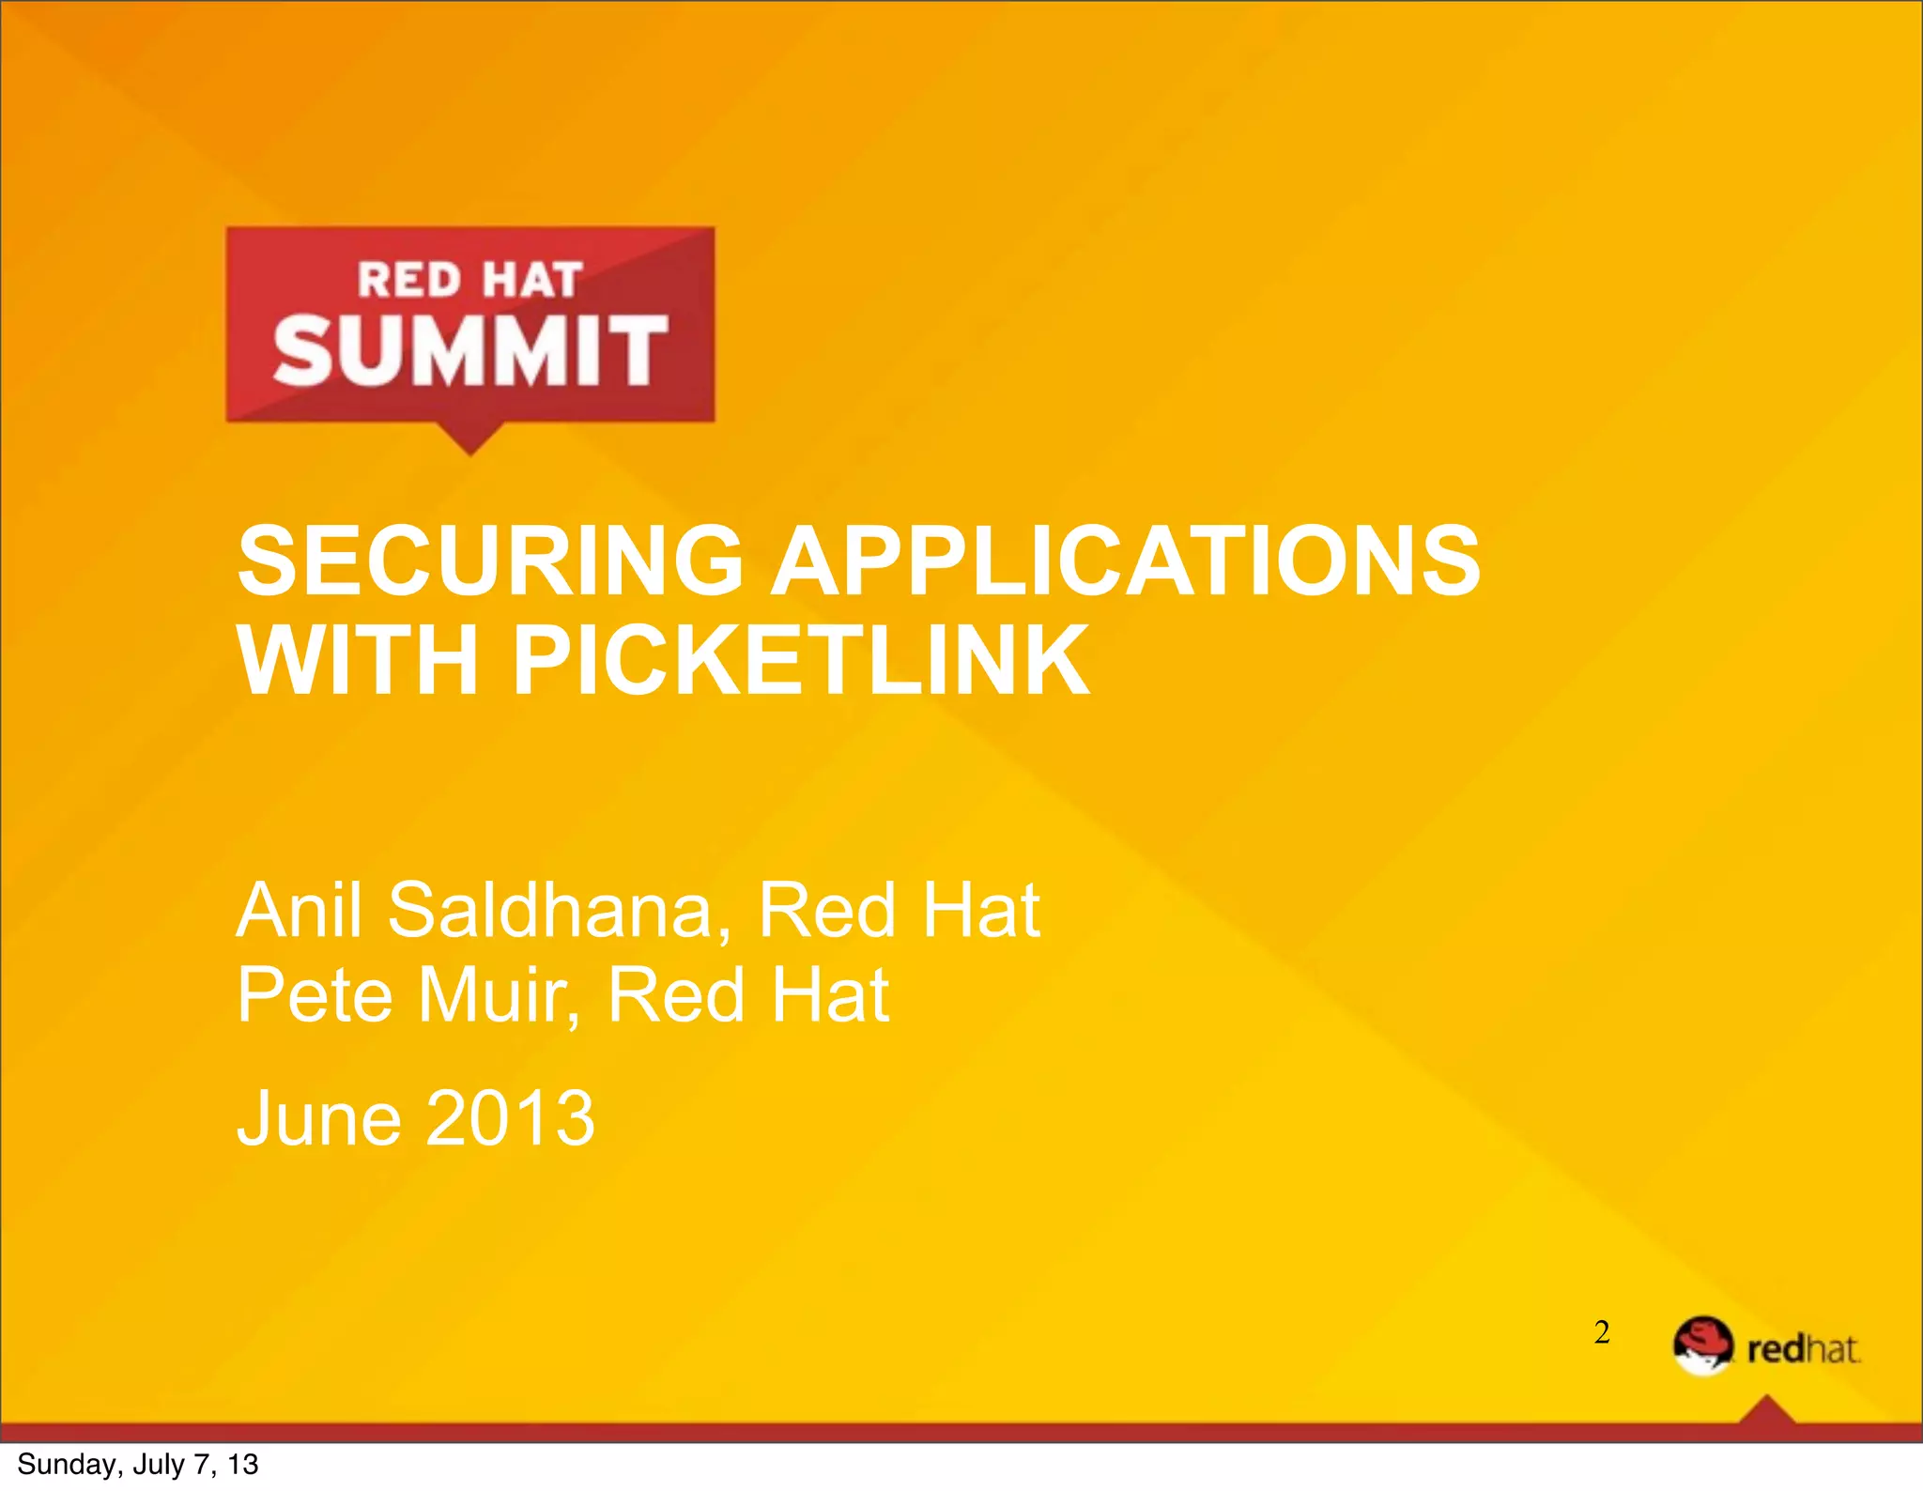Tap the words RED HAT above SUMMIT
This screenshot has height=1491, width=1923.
(x=469, y=280)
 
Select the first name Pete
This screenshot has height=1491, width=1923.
(x=315, y=994)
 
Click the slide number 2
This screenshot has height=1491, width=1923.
(x=1602, y=1331)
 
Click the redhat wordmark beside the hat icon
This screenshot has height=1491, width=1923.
(x=1803, y=1349)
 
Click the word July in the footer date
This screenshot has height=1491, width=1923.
(x=159, y=1465)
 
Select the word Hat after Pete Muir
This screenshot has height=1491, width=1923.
(x=830, y=994)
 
